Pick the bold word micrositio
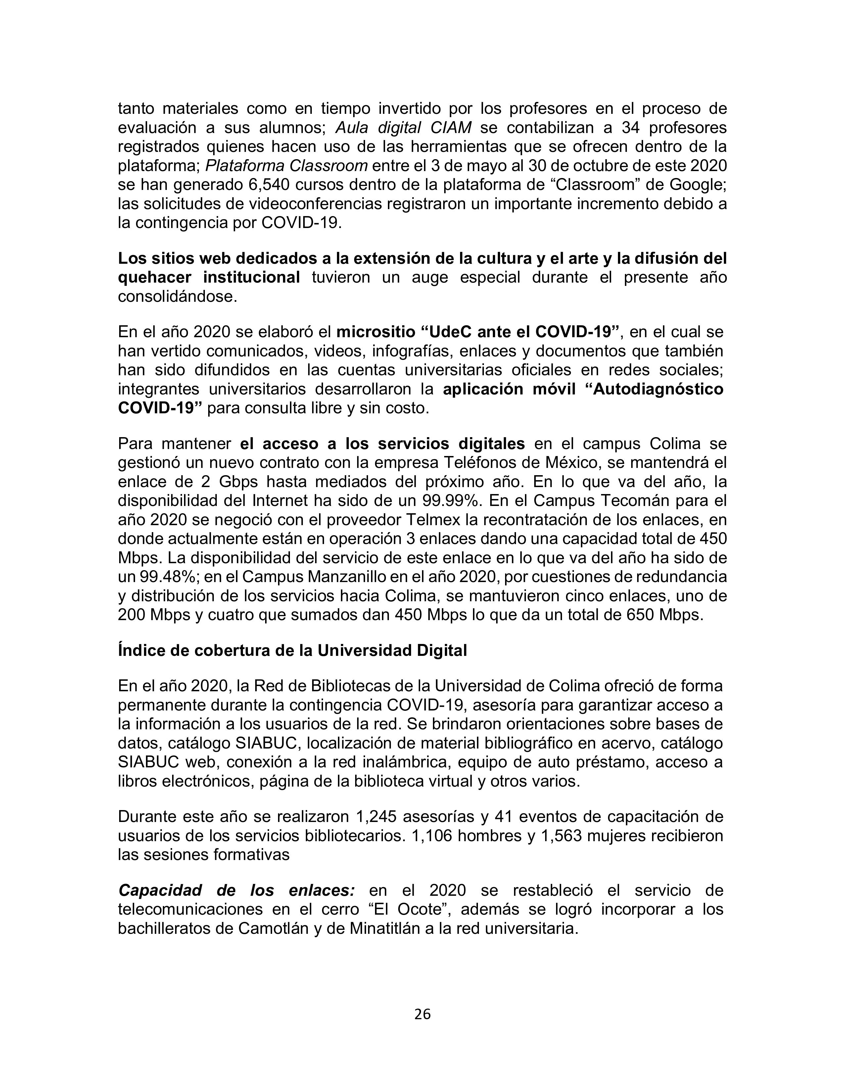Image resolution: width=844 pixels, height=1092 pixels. point(376,332)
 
